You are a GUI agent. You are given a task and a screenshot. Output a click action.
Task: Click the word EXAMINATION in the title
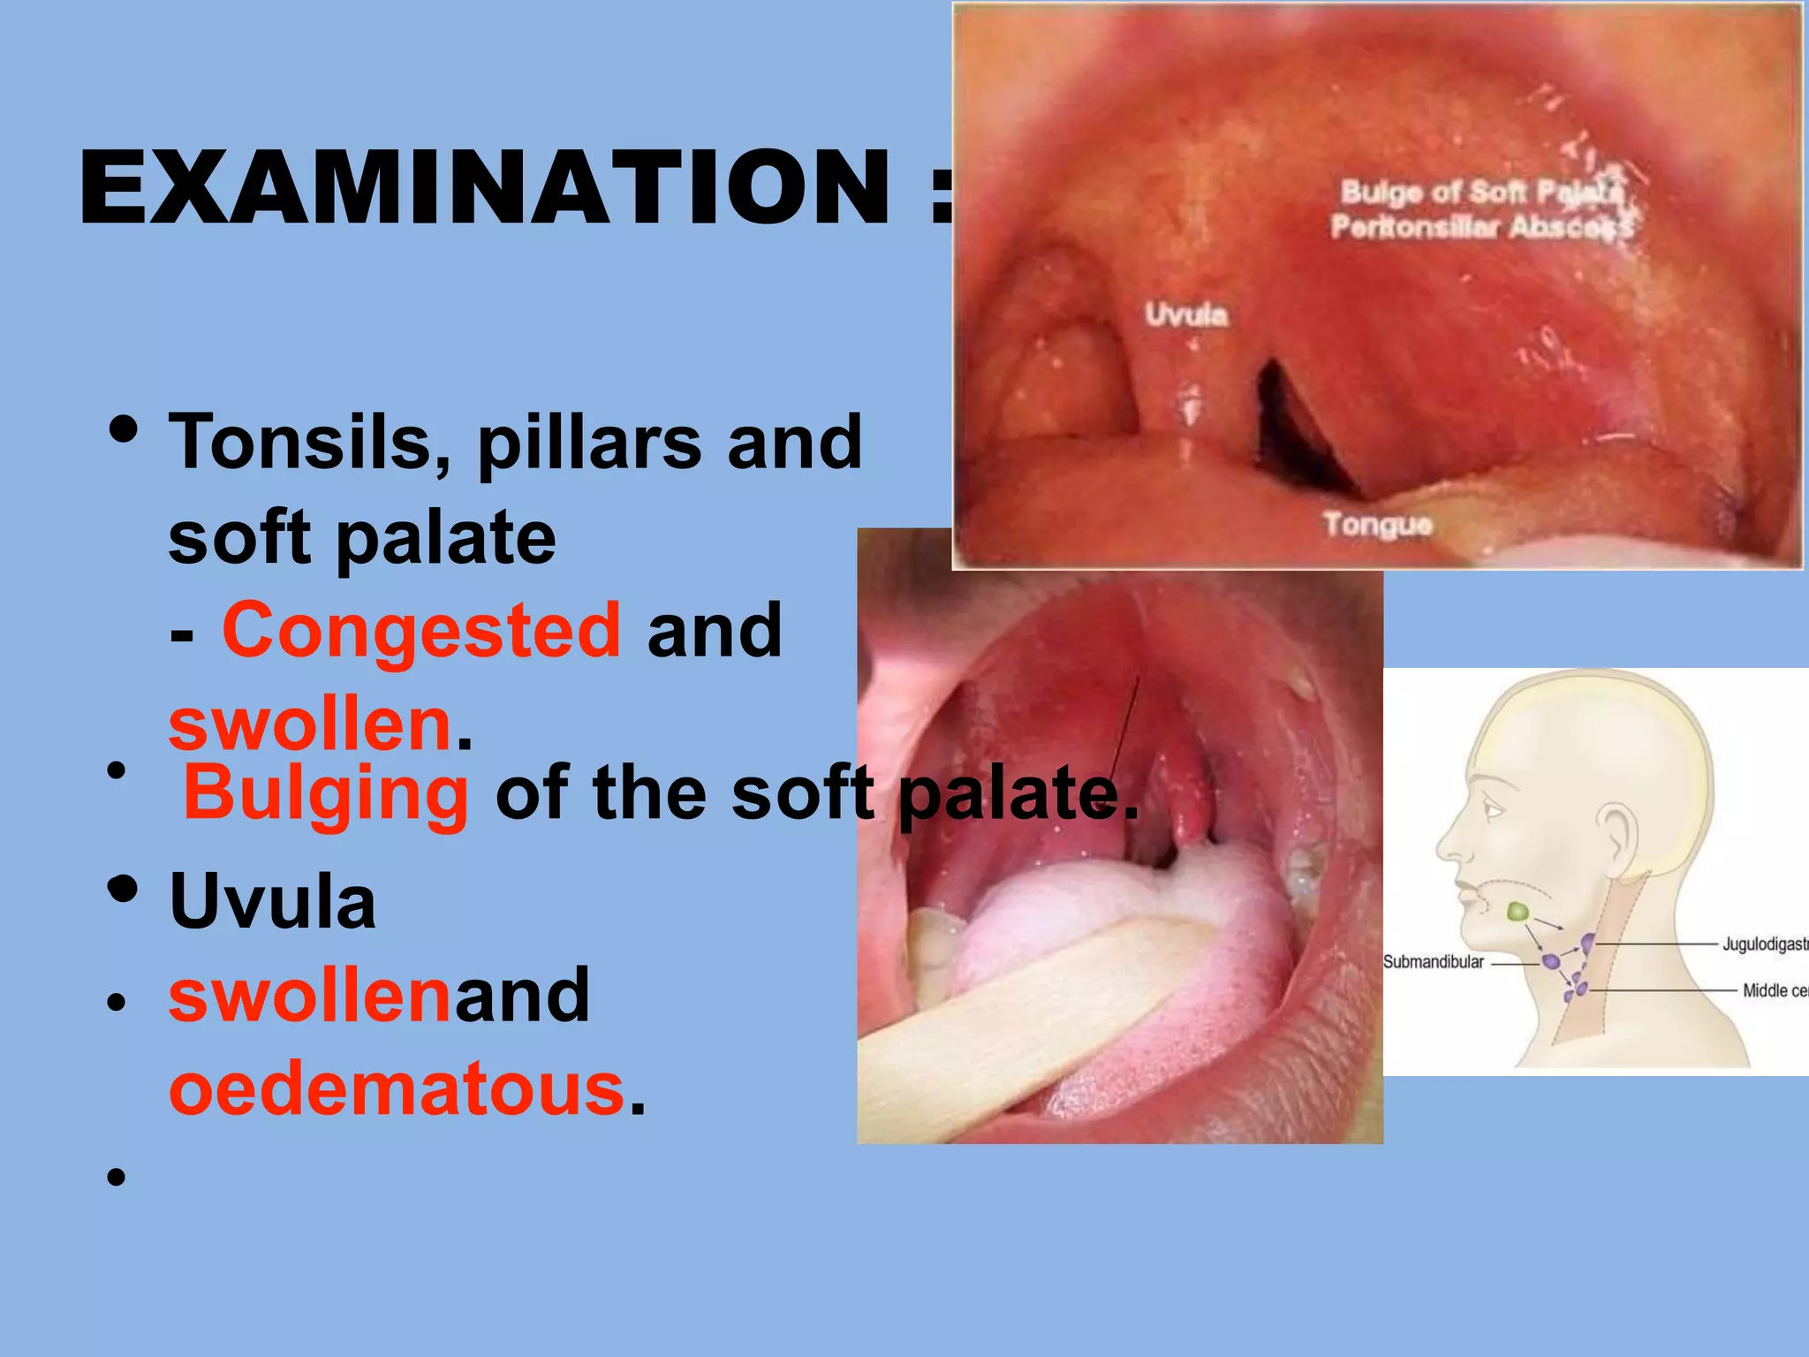click(484, 188)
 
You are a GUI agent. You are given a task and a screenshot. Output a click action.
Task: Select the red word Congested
click(422, 629)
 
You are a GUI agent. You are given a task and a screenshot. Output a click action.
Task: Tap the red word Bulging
click(326, 792)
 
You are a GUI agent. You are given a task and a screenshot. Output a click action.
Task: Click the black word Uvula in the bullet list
click(273, 902)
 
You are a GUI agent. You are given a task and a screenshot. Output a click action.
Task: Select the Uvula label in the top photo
click(1186, 315)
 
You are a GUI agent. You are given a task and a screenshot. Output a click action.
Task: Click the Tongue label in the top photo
click(1377, 524)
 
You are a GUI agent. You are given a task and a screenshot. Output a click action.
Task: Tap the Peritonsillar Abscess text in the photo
click(1481, 227)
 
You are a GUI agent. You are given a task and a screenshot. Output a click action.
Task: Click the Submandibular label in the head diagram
click(1433, 962)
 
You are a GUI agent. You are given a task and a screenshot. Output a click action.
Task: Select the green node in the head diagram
click(1518, 911)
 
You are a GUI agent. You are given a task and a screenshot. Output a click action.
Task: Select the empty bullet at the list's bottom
click(116, 1178)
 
